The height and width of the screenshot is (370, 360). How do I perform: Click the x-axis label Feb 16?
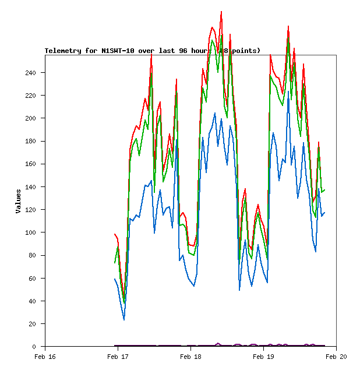(45, 356)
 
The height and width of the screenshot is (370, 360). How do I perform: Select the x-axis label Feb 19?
(263, 356)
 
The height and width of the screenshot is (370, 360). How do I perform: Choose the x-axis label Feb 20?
(336, 356)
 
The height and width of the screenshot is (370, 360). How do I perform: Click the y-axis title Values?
(19, 201)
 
